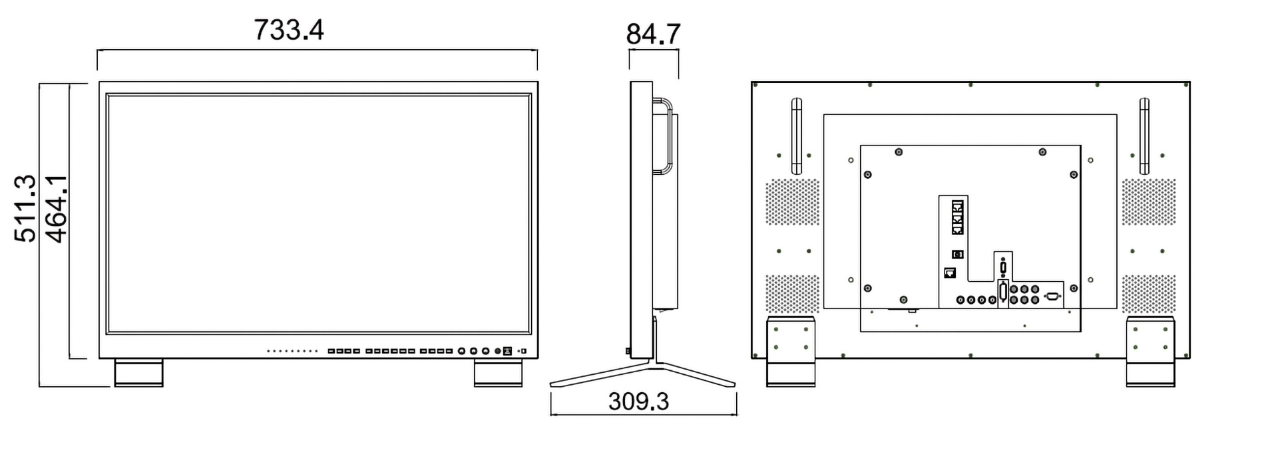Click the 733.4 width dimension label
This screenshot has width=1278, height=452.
pos(289,30)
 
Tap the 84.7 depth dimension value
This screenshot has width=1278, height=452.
pos(653,34)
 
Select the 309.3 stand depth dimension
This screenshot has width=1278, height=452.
pos(638,401)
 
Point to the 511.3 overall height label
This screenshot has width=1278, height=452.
pos(25,208)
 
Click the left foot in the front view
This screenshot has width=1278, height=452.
pos(138,373)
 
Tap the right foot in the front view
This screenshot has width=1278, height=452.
pos(498,373)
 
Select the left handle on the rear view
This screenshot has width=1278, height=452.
pos(796,136)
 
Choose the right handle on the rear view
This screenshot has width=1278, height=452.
pos(1144,136)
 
